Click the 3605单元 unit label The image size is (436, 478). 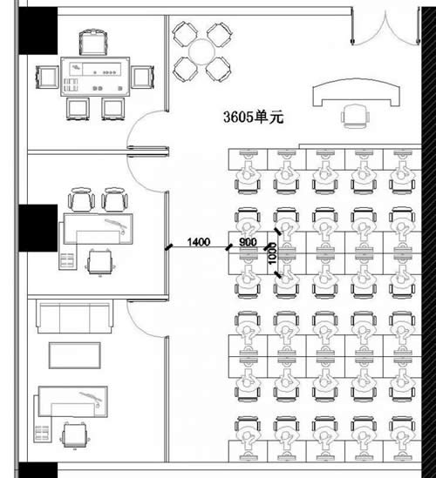254,117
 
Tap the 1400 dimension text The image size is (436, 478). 199,242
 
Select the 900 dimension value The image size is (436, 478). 248,242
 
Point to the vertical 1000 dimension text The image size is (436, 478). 272,253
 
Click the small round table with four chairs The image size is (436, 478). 201,52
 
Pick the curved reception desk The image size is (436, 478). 356,91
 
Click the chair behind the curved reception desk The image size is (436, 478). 355,116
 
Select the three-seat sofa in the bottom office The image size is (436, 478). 73,317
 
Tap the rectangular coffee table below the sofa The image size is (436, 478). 75,355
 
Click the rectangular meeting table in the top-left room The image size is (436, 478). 95,77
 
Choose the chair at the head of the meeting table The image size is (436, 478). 93,43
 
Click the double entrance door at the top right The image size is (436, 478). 385,28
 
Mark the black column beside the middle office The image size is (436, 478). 38,228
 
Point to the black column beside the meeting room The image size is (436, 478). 38,30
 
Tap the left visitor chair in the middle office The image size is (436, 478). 81,199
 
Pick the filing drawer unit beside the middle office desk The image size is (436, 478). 67,261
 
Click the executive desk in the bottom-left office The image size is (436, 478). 72,401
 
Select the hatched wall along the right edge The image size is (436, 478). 429,239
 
